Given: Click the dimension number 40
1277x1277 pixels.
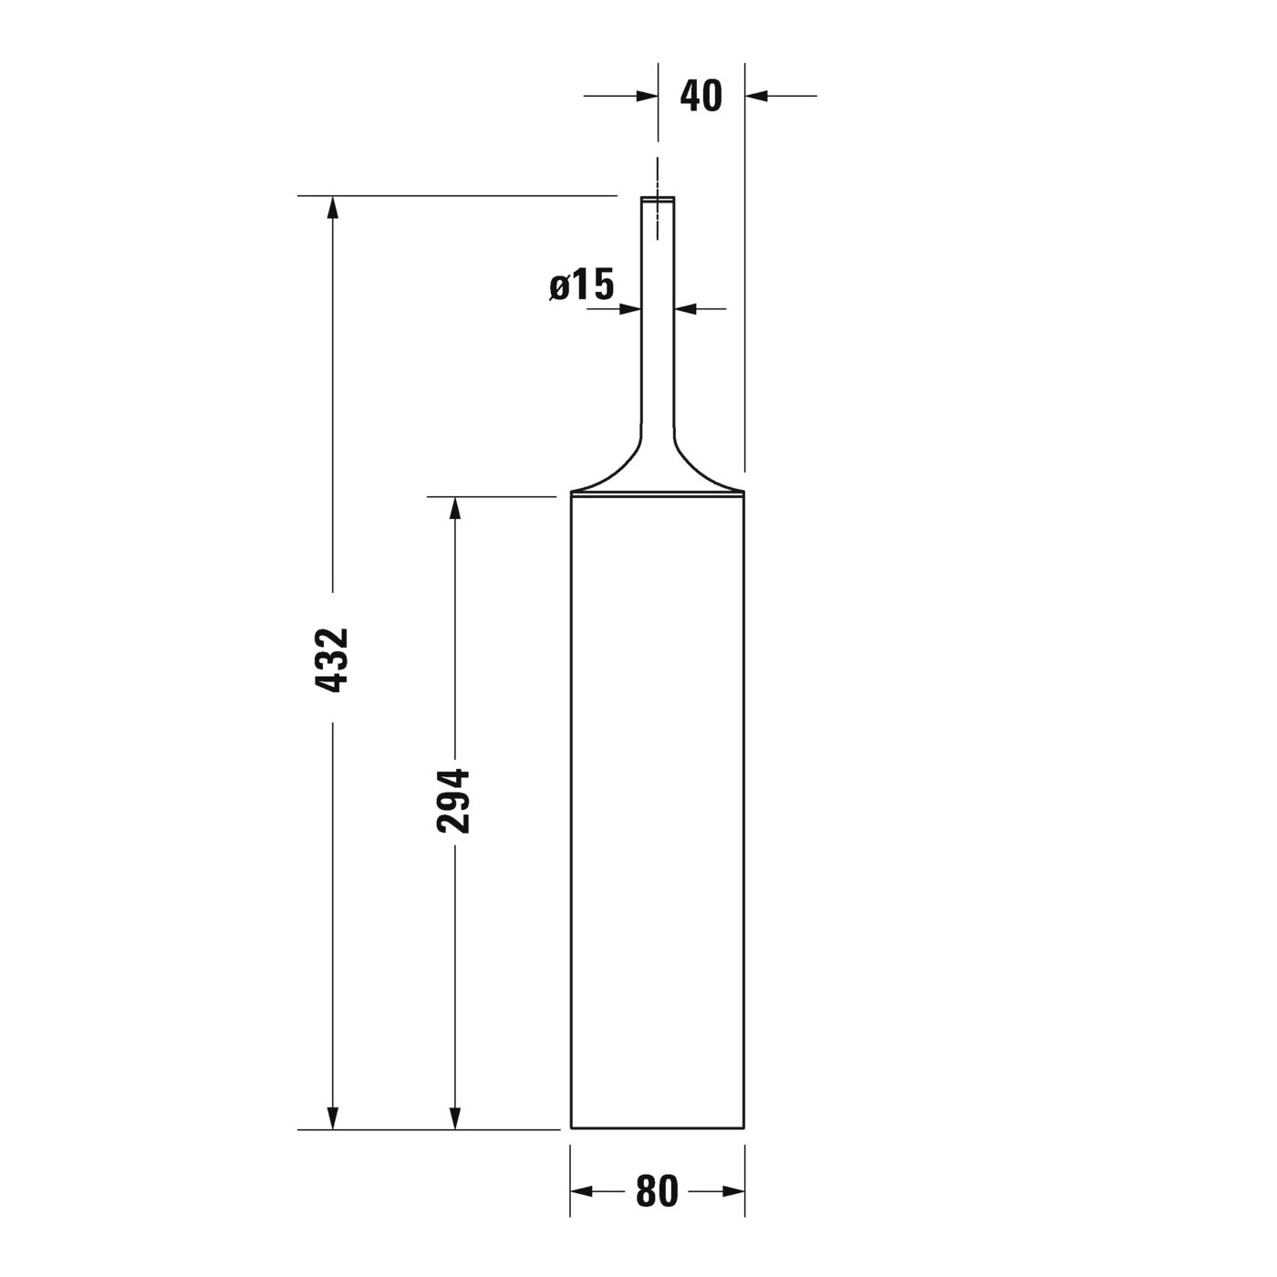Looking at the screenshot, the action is [x=701, y=96].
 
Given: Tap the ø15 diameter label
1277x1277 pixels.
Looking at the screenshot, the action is [x=582, y=285].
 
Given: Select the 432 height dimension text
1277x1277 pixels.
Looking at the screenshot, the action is [x=331, y=660].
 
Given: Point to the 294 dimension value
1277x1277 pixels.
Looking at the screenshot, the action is [x=453, y=801].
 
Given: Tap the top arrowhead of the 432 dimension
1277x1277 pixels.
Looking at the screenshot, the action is [x=333, y=207].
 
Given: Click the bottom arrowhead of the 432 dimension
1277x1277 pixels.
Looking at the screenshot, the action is [x=333, y=1117].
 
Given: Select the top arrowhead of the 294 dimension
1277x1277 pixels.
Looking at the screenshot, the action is [x=454, y=508].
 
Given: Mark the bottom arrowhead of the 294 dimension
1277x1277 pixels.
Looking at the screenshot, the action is [x=454, y=1117].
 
